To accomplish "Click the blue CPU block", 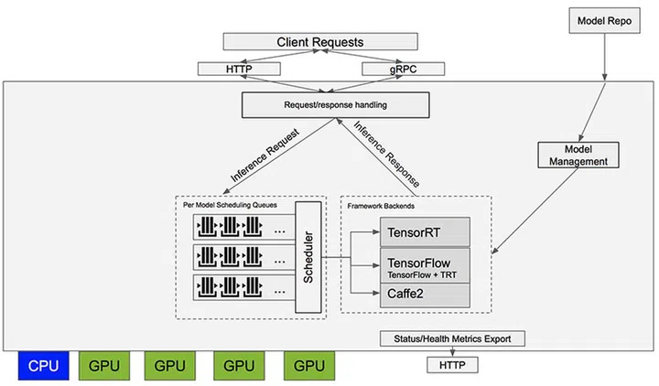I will (43, 367).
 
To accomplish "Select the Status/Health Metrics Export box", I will (453, 338).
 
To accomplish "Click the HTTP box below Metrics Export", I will (453, 364).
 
